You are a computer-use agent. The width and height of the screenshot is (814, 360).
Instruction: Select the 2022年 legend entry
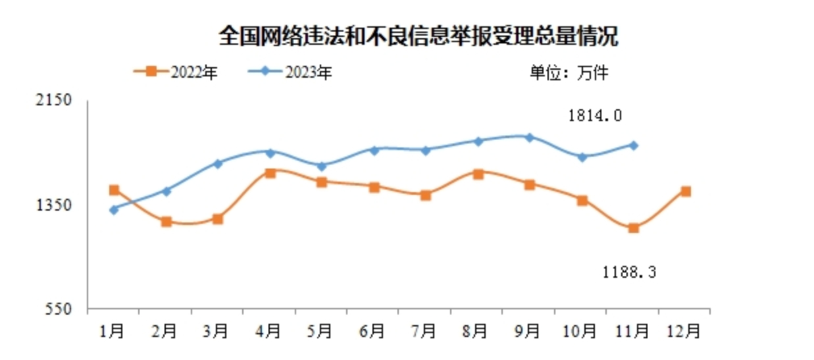click(x=175, y=71)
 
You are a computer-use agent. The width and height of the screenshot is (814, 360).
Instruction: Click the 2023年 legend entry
click(x=290, y=71)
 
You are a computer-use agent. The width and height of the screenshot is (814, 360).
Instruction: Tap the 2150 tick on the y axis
click(x=57, y=100)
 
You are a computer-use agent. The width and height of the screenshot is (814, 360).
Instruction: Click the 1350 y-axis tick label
click(x=57, y=205)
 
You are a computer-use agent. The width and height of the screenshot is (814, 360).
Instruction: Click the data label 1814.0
click(x=595, y=116)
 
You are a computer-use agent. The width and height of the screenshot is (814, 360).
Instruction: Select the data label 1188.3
click(x=629, y=271)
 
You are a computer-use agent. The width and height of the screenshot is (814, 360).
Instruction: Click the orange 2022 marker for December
click(x=685, y=192)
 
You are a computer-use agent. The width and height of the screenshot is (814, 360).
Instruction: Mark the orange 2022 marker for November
click(x=633, y=228)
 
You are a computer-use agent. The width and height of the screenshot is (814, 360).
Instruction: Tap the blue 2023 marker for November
click(x=633, y=145)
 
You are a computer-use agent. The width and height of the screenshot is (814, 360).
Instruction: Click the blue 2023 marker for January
click(x=114, y=209)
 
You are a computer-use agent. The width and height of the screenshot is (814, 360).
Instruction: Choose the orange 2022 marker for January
click(x=114, y=190)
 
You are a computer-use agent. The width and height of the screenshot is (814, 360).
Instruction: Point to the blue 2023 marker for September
click(x=529, y=137)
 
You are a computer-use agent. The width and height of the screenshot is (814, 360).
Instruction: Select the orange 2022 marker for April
click(x=270, y=173)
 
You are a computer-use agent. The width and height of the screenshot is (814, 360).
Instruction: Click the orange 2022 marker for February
click(x=166, y=222)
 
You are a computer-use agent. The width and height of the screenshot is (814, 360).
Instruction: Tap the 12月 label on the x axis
click(x=685, y=331)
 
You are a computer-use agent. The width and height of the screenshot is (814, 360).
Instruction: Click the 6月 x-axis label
click(x=374, y=331)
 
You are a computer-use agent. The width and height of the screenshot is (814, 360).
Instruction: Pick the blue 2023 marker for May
click(x=322, y=166)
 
